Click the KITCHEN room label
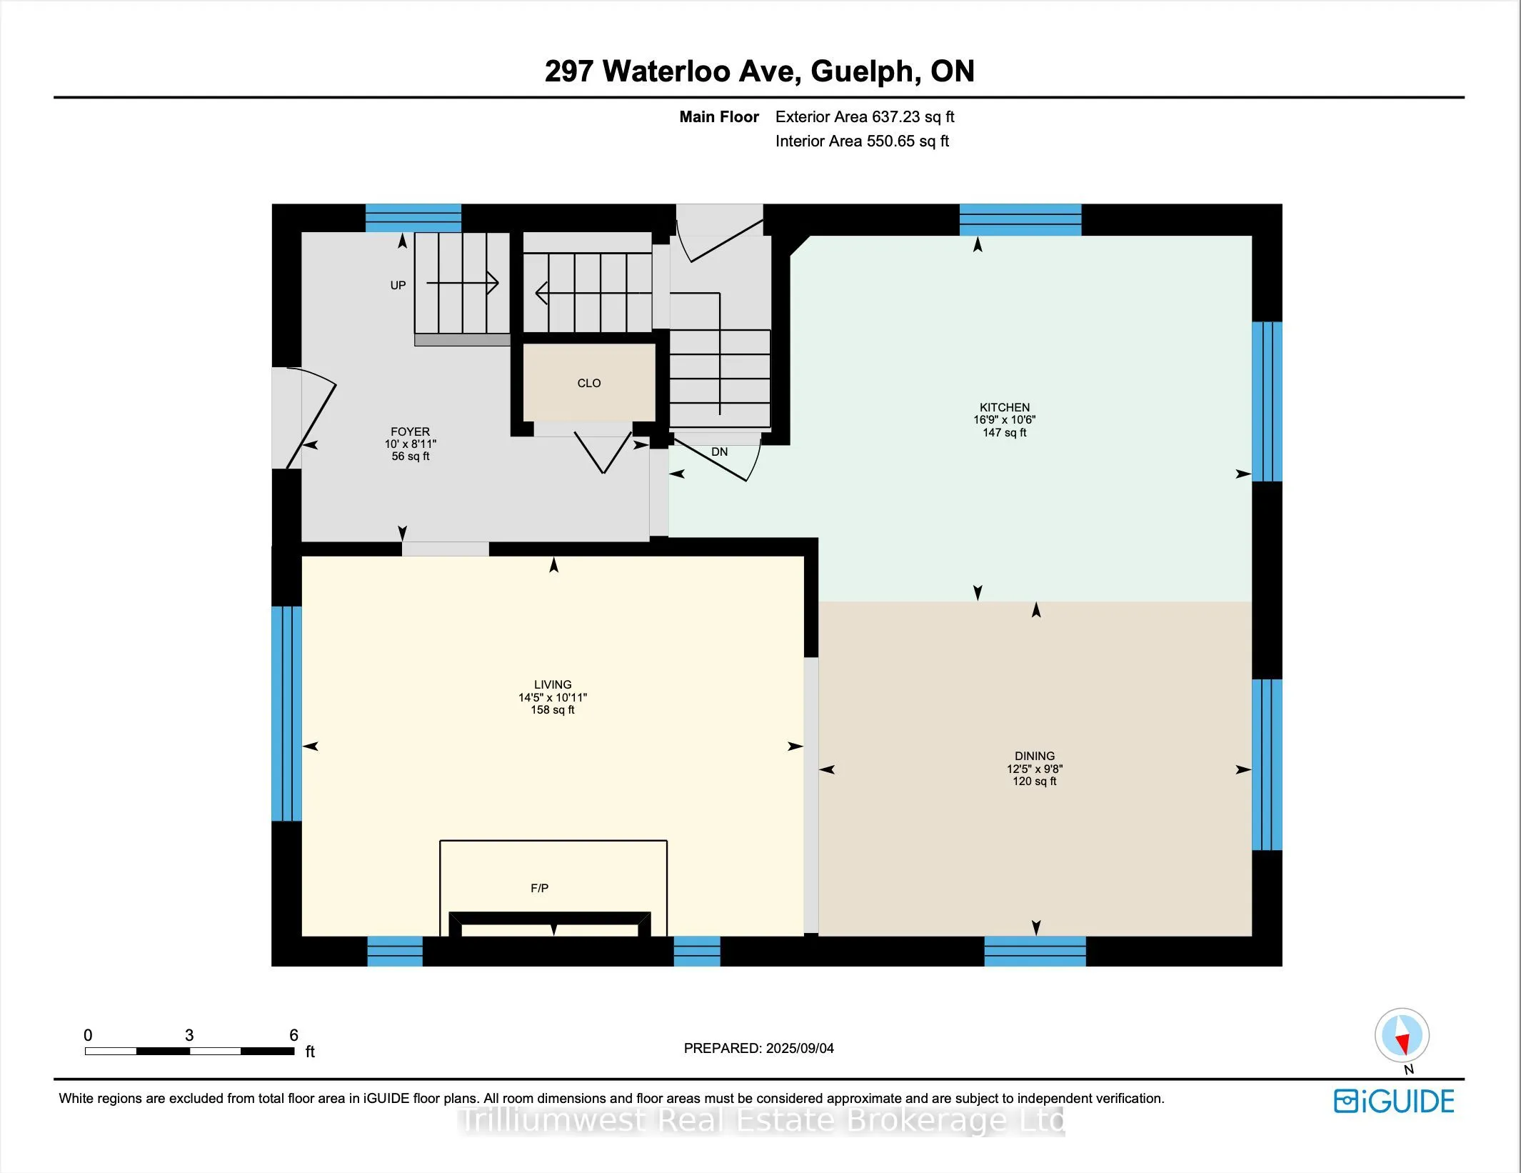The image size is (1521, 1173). (1004, 408)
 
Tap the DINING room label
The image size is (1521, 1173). (1034, 757)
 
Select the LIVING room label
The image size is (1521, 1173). (552, 685)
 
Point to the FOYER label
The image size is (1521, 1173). (410, 432)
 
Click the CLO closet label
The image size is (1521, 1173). (588, 384)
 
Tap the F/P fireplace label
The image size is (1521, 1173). (539, 889)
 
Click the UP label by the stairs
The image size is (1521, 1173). (398, 286)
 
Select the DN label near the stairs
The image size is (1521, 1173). (719, 452)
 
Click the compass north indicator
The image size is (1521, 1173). (1401, 1036)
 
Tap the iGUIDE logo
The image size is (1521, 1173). (1393, 1102)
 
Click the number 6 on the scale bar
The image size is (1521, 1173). (293, 1035)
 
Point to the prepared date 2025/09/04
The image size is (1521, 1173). (799, 1049)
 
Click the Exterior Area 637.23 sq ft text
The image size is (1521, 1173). (864, 117)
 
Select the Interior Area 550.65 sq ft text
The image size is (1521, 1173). (861, 141)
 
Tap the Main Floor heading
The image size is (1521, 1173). (718, 117)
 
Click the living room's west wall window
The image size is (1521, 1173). (286, 714)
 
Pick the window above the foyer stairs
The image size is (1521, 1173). (413, 218)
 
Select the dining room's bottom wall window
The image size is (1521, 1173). (1035, 952)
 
